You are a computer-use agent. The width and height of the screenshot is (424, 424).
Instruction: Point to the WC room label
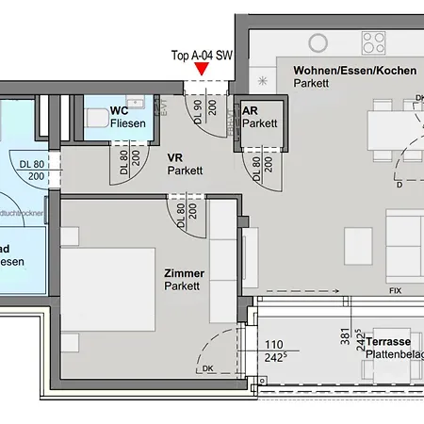[x=119, y=110]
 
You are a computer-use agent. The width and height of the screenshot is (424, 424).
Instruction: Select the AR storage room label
[x=251, y=110]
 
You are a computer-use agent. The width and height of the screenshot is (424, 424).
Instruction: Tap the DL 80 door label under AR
[x=261, y=168]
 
